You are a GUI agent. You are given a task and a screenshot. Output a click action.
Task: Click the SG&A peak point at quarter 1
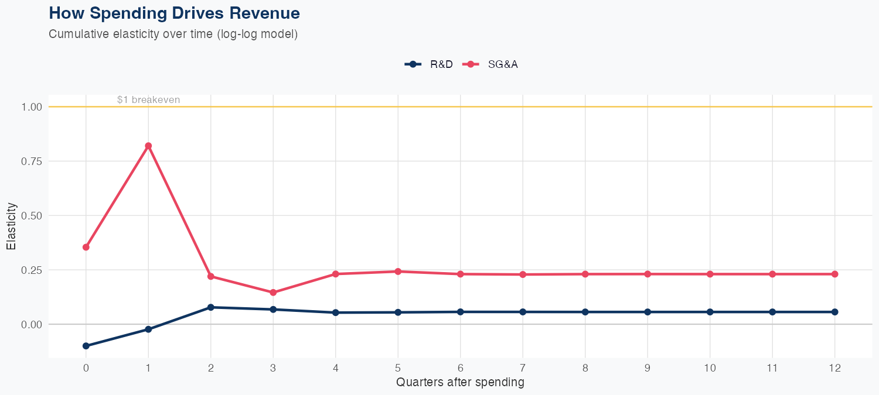coord(148,146)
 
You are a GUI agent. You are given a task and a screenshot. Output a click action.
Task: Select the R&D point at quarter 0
coord(86,346)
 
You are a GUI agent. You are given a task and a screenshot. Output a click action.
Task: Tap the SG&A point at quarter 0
coord(86,247)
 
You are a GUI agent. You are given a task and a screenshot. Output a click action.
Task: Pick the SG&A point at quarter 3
coord(273,293)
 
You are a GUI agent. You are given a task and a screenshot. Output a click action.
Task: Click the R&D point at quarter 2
coord(210,307)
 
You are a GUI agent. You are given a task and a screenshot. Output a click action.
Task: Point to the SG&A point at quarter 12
coord(834,274)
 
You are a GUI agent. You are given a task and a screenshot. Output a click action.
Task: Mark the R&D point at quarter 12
coord(834,312)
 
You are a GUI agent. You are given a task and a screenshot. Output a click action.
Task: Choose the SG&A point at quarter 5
coord(398,272)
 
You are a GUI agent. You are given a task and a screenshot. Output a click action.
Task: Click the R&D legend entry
coord(429,64)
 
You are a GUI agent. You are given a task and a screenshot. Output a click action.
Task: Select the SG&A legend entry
coord(490,64)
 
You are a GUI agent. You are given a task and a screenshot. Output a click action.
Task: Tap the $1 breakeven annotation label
coord(148,100)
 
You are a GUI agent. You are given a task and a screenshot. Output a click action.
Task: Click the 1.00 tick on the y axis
coord(32,107)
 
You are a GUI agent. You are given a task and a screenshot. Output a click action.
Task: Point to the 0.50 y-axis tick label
coord(32,215)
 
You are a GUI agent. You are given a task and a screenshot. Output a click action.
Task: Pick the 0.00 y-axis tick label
coord(32,324)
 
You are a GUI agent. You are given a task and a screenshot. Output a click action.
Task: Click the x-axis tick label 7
coord(523,368)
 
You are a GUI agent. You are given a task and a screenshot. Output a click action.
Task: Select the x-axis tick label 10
coord(710,368)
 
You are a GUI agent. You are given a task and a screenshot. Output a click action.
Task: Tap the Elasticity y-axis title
coord(11,226)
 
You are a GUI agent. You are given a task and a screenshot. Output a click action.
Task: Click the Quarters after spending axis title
coord(460,383)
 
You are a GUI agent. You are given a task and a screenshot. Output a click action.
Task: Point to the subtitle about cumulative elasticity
coord(173,34)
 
